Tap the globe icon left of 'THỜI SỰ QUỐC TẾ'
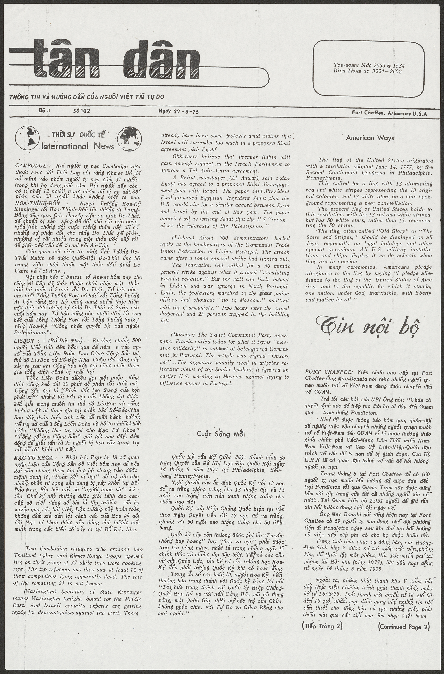tap(27, 138)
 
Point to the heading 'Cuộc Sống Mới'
tap(221, 434)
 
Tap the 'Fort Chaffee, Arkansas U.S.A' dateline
tap(389, 113)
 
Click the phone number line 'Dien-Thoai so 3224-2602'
tap(367, 71)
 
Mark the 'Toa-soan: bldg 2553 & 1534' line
tap(367, 65)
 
